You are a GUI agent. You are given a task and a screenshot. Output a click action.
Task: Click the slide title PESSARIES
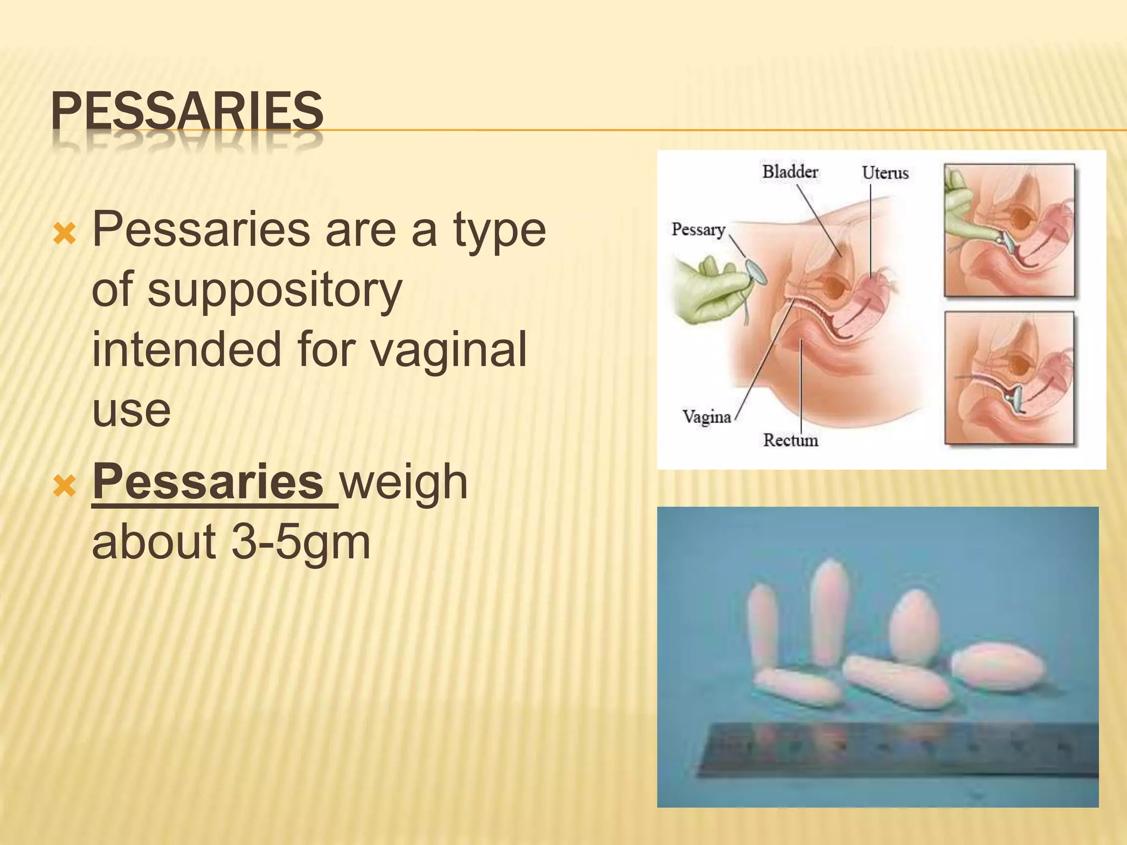click(187, 112)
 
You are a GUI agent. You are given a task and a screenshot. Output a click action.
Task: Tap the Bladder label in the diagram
click(790, 172)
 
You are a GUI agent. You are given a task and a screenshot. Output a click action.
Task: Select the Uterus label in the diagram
click(885, 173)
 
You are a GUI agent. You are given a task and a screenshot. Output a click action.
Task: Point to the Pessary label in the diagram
click(698, 229)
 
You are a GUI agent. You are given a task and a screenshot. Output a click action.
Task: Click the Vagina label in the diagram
click(706, 416)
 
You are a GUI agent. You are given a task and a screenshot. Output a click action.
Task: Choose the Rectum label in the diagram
click(790, 440)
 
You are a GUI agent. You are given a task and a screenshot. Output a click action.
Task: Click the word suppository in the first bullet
click(247, 290)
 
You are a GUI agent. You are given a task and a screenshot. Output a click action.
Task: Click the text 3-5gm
click(300, 542)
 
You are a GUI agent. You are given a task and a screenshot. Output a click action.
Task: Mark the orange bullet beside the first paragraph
click(64, 235)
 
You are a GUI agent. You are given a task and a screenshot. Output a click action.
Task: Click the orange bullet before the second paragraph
click(64, 486)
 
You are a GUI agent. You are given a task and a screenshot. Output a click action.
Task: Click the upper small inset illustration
click(1009, 231)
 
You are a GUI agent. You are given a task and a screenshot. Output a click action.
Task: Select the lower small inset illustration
click(1009, 378)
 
